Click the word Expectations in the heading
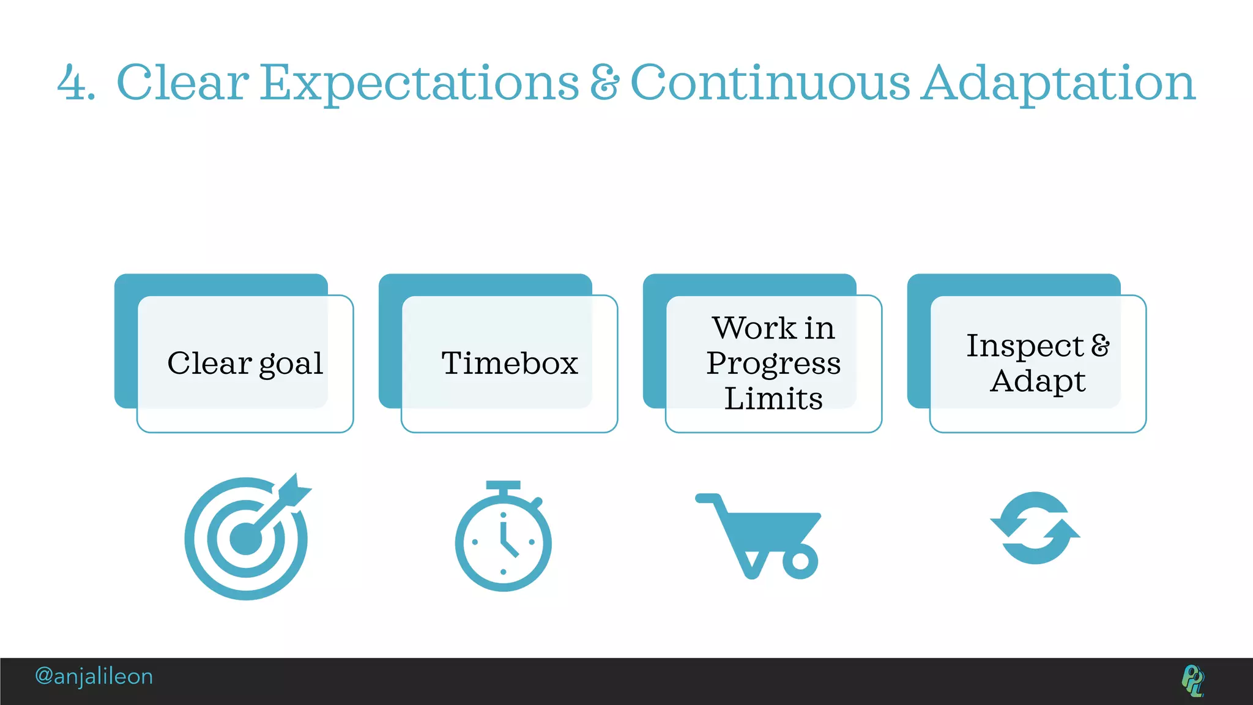[420, 83]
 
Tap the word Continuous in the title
[770, 83]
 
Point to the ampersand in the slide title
[604, 83]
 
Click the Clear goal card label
[245, 364]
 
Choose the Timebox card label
[510, 364]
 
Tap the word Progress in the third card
[773, 364]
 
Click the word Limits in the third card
[773, 399]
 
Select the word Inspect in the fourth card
[1025, 346]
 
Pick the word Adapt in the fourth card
[1038, 381]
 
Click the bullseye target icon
[245, 539]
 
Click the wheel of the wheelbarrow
[800, 561]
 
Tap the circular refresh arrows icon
[1035, 528]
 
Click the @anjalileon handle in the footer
[94, 677]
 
